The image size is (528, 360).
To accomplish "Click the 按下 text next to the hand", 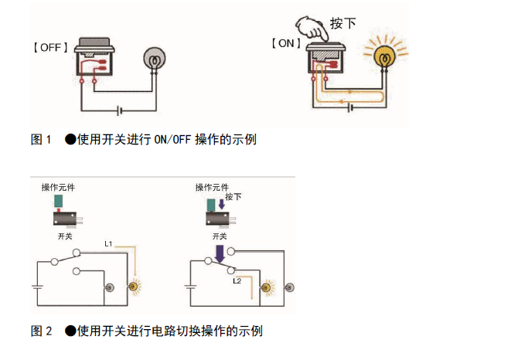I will coord(342,23).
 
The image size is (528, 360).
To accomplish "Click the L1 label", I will coord(109,244).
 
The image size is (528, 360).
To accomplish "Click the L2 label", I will coord(238,281).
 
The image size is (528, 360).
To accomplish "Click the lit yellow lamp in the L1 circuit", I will coord(134,287).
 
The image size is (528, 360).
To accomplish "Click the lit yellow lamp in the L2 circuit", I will coord(268,287).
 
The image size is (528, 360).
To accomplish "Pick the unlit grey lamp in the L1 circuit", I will coord(110,287).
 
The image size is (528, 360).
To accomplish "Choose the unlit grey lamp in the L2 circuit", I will coord(288,287).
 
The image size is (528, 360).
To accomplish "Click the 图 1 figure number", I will coord(41,140).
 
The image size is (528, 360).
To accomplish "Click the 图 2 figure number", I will coord(41,331).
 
